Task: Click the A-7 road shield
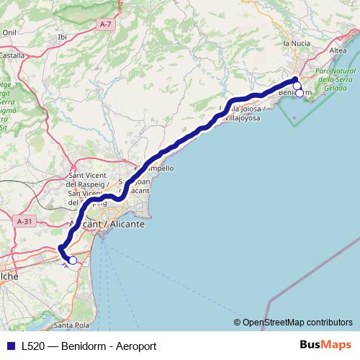pyautogui.click(x=106, y=24)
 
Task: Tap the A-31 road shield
pyautogui.click(x=24, y=222)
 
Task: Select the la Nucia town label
pyautogui.click(x=296, y=43)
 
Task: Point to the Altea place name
pyautogui.click(x=337, y=50)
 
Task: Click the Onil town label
pyautogui.click(x=9, y=32)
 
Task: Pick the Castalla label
pyautogui.click(x=12, y=54)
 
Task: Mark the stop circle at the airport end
pyautogui.click(x=73, y=261)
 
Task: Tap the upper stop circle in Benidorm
pyautogui.click(x=297, y=86)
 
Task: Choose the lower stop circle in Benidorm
pyautogui.click(x=300, y=93)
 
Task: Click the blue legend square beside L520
pyautogui.click(x=10, y=346)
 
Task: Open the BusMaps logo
pyautogui.click(x=325, y=345)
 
